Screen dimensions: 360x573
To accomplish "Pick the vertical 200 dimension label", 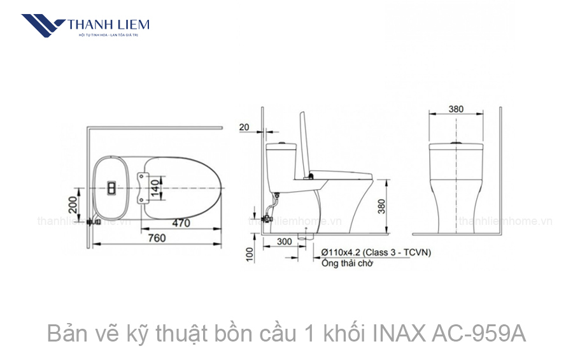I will (73, 205).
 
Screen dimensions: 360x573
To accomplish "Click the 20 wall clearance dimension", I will (244, 127).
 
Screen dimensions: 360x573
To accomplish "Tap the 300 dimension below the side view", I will (285, 241).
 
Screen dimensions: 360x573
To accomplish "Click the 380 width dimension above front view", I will (456, 109).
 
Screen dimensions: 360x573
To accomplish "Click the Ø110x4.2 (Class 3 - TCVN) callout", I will (376, 252).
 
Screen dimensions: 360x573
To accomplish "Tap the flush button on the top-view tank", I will (111, 188).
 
